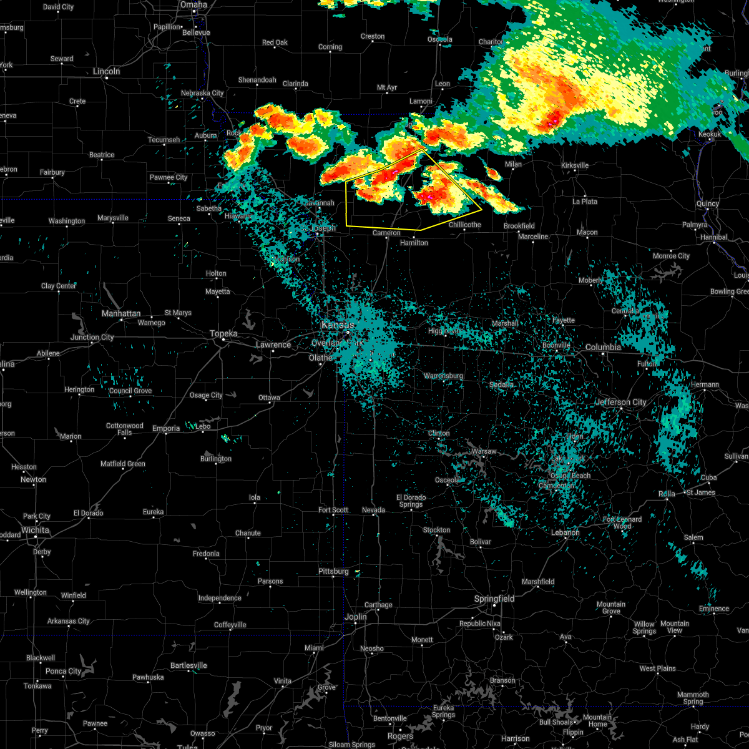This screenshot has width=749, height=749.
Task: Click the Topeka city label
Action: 223,334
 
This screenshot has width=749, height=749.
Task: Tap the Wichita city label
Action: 35,530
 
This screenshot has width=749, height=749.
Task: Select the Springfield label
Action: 494,599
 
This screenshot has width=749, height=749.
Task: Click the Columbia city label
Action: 603,347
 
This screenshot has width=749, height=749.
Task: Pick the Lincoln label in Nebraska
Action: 106,71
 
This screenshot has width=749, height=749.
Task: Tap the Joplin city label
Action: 356,617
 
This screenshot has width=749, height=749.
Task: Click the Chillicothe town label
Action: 465,225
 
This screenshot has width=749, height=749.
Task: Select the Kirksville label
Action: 575,165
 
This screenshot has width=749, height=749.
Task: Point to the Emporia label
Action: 166,428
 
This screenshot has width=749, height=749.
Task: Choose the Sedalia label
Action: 501,384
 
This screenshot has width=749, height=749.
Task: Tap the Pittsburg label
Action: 333,571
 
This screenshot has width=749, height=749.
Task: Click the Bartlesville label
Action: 188,665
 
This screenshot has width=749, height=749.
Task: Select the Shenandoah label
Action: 257,80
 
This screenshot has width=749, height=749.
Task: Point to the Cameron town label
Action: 386,233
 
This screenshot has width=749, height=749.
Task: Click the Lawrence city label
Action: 273,345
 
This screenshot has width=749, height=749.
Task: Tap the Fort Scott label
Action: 333,510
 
